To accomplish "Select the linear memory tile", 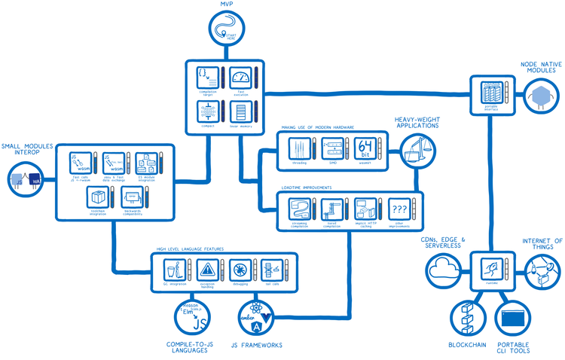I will tap(240, 112).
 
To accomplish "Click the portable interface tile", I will tap(490, 93).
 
